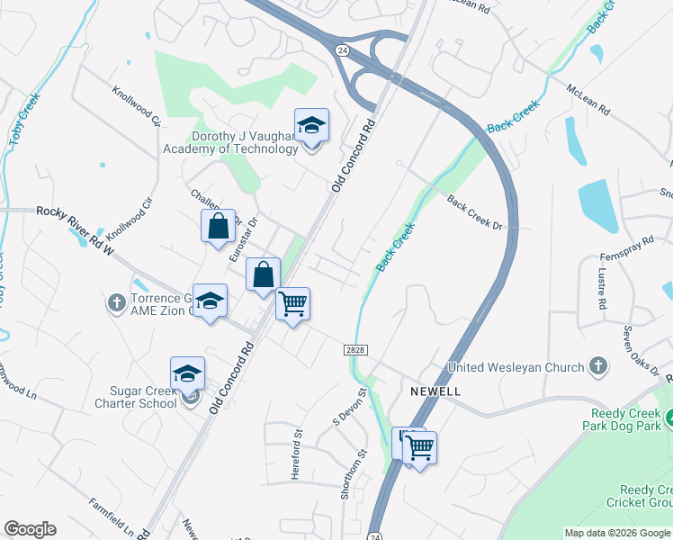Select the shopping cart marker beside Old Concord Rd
click(x=292, y=304)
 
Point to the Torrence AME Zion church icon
click(x=117, y=303)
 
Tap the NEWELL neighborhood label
click(x=435, y=391)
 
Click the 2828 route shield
click(x=354, y=348)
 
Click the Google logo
click(x=30, y=529)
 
